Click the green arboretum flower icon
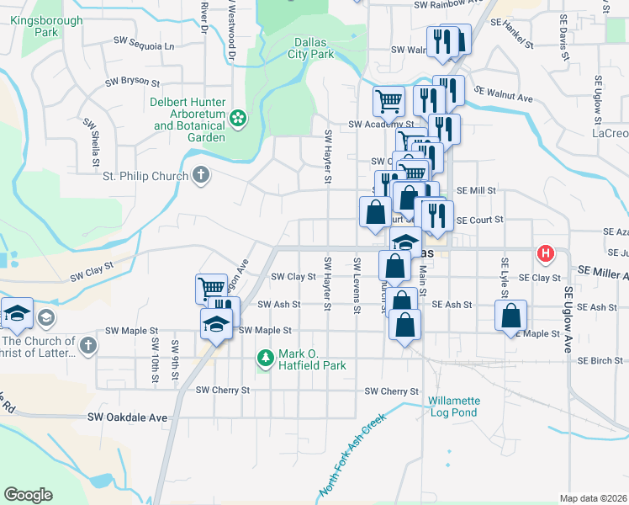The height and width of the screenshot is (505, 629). pos(239,118)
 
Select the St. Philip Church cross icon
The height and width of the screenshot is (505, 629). pos(200,175)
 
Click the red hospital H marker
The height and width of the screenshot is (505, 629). pos(547,252)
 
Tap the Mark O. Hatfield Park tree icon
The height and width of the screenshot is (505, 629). pos(266,359)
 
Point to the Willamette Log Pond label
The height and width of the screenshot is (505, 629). pos(452,407)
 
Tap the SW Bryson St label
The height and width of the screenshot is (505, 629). pos(132,82)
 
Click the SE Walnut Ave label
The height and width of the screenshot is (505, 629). pos(503,93)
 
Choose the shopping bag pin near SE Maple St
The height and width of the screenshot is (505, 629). pos(510,316)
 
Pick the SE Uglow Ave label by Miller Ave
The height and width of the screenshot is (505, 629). pos(568,307)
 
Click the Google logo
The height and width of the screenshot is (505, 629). pos(28,495)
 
